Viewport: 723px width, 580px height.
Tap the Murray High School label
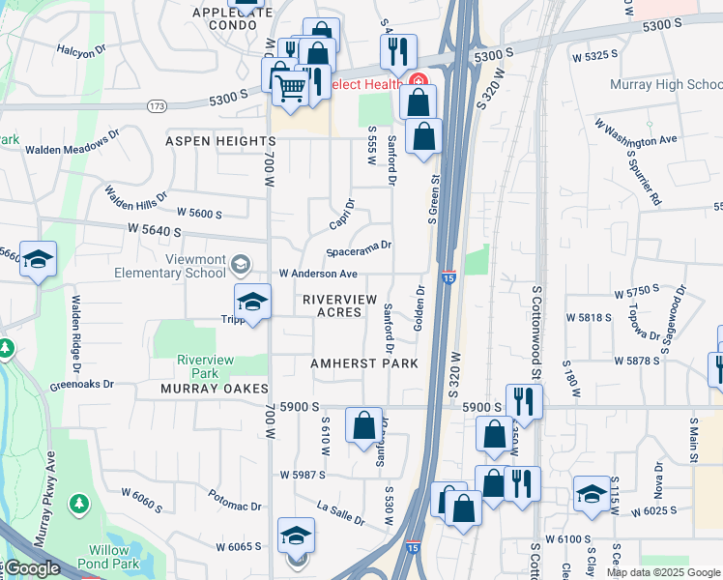point(666,85)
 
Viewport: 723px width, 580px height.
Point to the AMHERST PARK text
point(363,363)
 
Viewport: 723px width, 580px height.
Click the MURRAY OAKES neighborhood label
point(215,389)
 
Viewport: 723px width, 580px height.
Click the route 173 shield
point(156,103)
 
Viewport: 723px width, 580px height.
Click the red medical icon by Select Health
point(418,82)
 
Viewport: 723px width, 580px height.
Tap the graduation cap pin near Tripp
point(252,302)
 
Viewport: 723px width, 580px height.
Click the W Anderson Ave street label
point(318,275)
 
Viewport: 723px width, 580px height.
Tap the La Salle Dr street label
point(340,513)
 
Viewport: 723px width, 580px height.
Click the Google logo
point(33,568)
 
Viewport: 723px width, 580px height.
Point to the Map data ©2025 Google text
point(662,572)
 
